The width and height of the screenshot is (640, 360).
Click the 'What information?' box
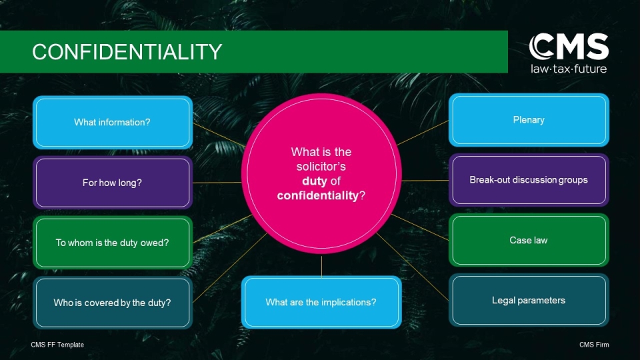point(112,123)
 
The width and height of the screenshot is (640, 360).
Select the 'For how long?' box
point(112,183)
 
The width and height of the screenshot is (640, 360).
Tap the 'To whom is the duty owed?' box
point(112,243)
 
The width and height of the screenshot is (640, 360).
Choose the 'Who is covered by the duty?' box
point(112,303)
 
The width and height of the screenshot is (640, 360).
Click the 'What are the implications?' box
point(321,302)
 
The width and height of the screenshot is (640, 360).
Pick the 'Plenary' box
point(529,120)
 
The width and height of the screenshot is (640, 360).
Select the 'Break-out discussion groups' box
point(529,180)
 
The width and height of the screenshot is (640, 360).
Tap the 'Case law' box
point(529,240)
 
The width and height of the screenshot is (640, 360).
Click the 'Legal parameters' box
point(529,300)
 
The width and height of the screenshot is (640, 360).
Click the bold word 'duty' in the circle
point(315,181)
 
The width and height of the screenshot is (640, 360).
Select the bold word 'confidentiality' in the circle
point(317,195)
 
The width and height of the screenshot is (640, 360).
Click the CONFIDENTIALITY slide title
point(127,52)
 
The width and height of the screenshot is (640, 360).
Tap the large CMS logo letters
point(569,47)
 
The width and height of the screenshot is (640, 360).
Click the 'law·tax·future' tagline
point(569,69)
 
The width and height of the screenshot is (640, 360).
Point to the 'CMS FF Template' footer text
point(57,345)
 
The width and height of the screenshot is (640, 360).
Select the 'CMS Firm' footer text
point(594,345)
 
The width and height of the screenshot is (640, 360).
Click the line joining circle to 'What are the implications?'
point(321,266)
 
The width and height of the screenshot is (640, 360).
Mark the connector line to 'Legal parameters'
point(412,267)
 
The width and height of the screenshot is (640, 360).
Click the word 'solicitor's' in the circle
point(321,167)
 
